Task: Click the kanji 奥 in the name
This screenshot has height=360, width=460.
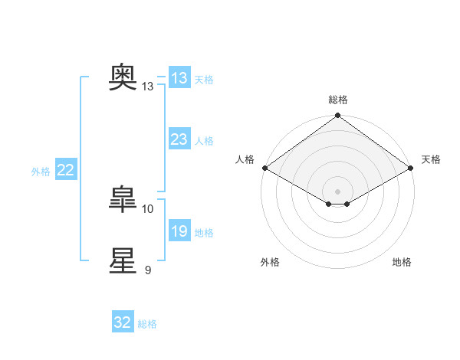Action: coord(123,77)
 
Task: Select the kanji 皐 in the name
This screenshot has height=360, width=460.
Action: coord(123,199)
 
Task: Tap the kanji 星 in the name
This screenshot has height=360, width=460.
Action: coord(123,260)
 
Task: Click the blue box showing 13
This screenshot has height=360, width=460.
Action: coord(179,77)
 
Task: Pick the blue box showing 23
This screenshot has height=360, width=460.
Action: coord(179,139)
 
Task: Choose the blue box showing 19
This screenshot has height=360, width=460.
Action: coord(179,230)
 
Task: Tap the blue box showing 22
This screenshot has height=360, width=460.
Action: coord(66,169)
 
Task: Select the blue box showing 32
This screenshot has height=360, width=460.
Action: coord(123,321)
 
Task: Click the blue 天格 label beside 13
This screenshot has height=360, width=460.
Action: coord(204,80)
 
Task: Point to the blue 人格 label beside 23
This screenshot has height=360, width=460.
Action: coord(204,141)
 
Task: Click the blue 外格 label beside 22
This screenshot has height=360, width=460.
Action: coord(41,172)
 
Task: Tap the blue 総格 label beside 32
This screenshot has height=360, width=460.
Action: coord(147,324)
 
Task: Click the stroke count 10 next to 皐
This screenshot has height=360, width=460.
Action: coord(147,209)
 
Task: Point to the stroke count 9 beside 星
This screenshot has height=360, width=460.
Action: coord(148,270)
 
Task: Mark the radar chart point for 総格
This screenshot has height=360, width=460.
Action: coord(337,115)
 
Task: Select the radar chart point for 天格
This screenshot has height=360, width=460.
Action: coord(411,168)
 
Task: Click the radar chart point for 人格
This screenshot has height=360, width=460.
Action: coord(265,168)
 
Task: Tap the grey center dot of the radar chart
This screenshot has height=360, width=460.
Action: coord(337,191)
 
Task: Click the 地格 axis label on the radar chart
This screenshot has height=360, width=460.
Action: coord(402,262)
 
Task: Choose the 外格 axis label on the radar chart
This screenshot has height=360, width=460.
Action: coord(270,262)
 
